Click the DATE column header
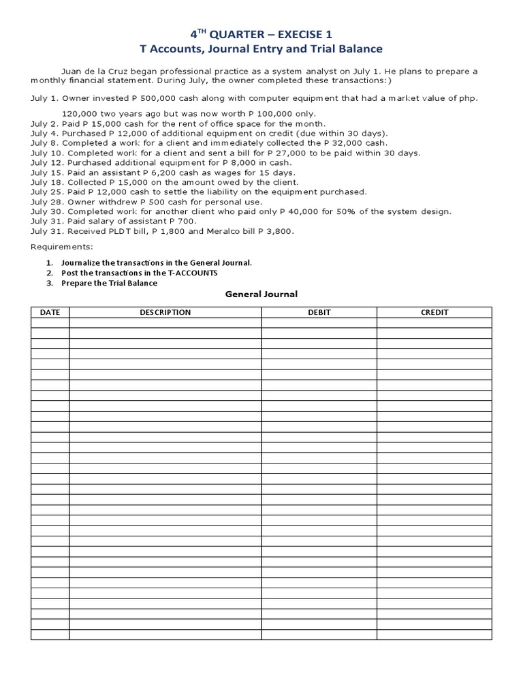pyautogui.click(x=50, y=312)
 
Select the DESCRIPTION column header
pyautogui.click(x=165, y=312)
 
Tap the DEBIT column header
pyautogui.click(x=319, y=312)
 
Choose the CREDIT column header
pyautogui.click(x=434, y=312)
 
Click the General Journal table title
pyautogui.click(x=261, y=294)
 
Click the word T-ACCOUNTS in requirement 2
pyautogui.click(x=193, y=273)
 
